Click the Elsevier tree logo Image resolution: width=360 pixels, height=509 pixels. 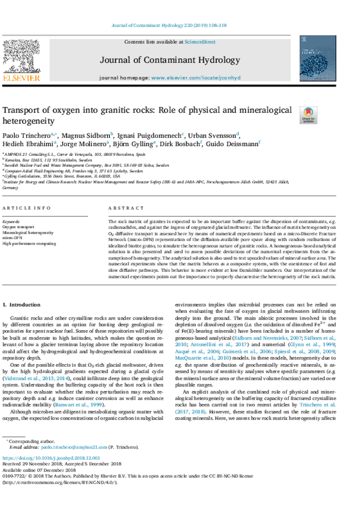[21, 57]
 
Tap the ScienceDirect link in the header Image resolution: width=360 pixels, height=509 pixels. [200, 42]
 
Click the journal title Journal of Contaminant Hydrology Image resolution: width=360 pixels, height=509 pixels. [170, 60]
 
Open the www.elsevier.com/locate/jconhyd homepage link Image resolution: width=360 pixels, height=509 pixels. [195, 78]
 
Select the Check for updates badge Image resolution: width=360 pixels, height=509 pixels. [308, 115]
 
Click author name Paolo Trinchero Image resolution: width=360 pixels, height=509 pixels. [22, 135]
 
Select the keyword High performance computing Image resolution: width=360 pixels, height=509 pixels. [29, 244]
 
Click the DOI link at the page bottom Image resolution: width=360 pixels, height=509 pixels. [51, 458]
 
